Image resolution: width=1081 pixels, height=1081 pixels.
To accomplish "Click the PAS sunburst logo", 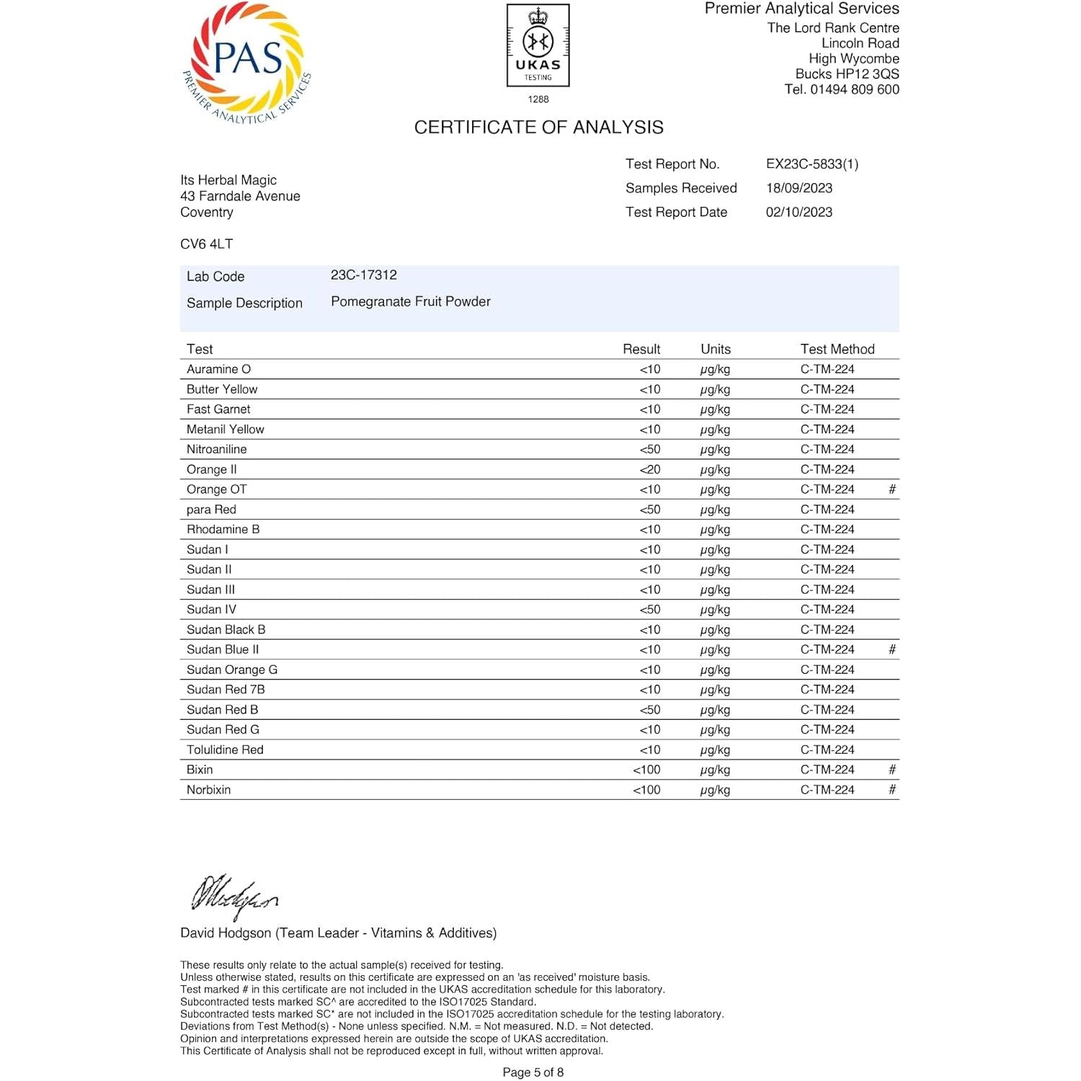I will pyautogui.click(x=246, y=63).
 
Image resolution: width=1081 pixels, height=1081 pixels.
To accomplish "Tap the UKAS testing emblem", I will pyautogui.click(x=538, y=46).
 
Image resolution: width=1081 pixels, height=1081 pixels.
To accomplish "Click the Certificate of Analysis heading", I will pyautogui.click(x=538, y=128).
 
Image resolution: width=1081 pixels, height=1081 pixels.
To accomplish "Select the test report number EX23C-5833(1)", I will pyautogui.click(x=812, y=164).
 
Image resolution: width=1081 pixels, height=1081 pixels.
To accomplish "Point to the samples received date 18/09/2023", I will pyautogui.click(x=798, y=188).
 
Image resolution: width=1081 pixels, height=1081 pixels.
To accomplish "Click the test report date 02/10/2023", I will pyautogui.click(x=798, y=213).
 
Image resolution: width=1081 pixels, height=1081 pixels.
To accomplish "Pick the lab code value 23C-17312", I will pyautogui.click(x=363, y=275).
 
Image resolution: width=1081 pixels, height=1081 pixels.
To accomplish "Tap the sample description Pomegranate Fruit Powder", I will pyautogui.click(x=410, y=302).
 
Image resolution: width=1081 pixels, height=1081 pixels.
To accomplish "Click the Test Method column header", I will pyautogui.click(x=837, y=350).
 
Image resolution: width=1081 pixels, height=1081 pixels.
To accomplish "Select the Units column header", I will pyautogui.click(x=715, y=350).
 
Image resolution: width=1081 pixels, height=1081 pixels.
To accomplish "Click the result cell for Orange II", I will pyautogui.click(x=649, y=470).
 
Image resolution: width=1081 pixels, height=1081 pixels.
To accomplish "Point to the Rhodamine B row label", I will pyautogui.click(x=223, y=530).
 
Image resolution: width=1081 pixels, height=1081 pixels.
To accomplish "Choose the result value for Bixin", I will pyautogui.click(x=646, y=770).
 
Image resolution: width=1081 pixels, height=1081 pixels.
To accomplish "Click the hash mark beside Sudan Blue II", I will pyautogui.click(x=891, y=649).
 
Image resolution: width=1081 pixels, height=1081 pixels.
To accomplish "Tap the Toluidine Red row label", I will pyautogui.click(x=225, y=749).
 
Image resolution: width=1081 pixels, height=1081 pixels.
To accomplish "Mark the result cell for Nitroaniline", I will pyautogui.click(x=649, y=450).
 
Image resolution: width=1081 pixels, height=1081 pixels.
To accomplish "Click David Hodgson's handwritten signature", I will pyautogui.click(x=233, y=896).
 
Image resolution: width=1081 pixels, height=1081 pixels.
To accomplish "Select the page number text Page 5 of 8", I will pyautogui.click(x=533, y=1072).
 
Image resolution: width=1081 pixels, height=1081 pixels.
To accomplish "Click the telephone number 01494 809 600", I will pyautogui.click(x=854, y=90).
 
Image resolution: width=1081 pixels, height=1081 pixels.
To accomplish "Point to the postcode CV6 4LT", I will pyautogui.click(x=206, y=244).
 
